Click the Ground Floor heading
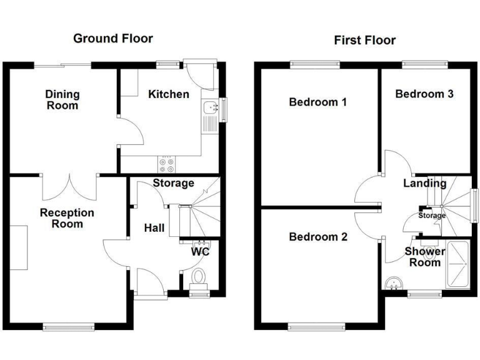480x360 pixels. coord(112,39)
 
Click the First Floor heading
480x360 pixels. coord(364,41)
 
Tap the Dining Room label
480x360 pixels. coord(62,100)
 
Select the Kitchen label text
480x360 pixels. coord(168,94)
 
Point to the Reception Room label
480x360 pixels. coord(67,218)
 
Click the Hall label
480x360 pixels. coord(154,228)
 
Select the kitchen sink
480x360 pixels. coord(209,109)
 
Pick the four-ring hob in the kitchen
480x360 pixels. coord(167,164)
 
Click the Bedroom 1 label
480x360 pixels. coord(318,102)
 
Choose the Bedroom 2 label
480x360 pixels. coord(318,237)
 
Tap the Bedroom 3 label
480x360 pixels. coord(424,94)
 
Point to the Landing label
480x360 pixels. coord(424,183)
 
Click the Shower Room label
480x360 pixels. coord(425,257)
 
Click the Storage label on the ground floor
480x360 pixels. coord(174,183)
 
